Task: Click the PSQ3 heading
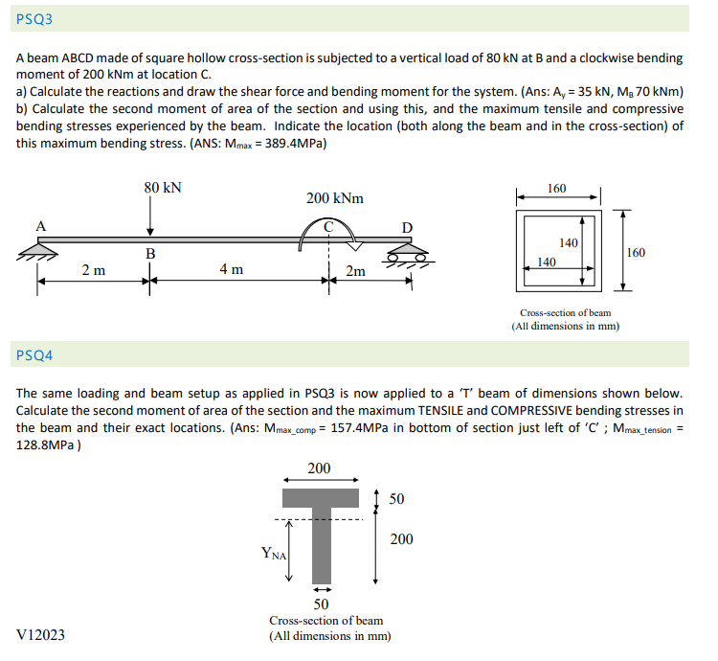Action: coord(34,18)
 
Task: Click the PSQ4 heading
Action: coord(34,356)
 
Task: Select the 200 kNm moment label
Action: coord(334,198)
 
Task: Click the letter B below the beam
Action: coord(149,254)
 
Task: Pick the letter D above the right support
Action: coord(407,227)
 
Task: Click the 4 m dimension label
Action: coord(231,270)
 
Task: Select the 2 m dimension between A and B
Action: coord(93,270)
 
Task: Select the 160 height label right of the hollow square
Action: coord(635,253)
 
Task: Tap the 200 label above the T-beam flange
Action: coord(319,467)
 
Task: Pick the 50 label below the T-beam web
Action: coord(322,604)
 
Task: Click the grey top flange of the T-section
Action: coord(320,498)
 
